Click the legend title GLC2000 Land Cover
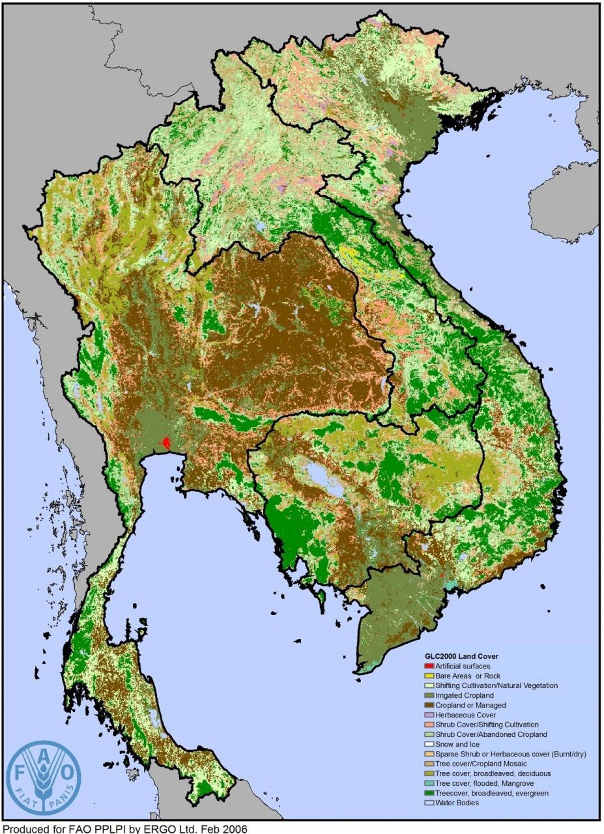[461, 656]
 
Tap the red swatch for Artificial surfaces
[429, 666]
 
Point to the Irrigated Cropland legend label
[465, 695]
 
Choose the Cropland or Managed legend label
[470, 705]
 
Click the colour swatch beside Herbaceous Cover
[429, 715]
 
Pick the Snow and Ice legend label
[457, 744]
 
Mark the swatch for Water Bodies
[429, 803]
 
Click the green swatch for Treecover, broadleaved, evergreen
[429, 793]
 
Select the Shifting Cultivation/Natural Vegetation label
[496, 685]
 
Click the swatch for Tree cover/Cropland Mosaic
[429, 764]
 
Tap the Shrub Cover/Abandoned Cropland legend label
[492, 734]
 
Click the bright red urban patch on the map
[167, 443]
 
